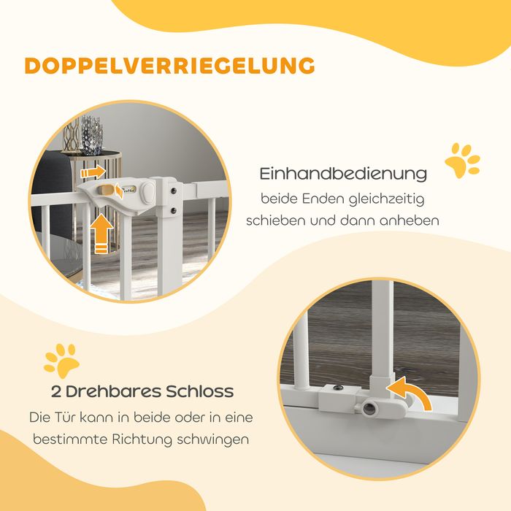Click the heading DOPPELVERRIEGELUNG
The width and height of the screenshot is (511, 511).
coord(169,66)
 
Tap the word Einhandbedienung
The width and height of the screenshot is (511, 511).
coord(343,174)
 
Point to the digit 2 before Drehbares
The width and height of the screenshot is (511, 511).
coord(56,391)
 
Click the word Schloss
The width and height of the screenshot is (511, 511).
coord(199,391)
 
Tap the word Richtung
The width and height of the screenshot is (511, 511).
coord(142,439)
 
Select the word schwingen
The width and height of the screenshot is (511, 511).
coord(213,439)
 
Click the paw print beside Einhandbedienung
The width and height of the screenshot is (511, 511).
coord(462,161)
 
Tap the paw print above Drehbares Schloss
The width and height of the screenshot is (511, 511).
coord(62,361)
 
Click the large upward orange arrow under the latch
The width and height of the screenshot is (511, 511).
coord(101,234)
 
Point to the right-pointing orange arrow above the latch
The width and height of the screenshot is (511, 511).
coord(93,172)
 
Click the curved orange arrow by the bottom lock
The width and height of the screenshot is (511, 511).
coord(411,393)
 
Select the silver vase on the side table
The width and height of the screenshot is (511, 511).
coord(91,135)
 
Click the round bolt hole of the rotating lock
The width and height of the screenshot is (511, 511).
coord(369,408)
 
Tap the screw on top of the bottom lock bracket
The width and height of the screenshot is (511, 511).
coord(338,388)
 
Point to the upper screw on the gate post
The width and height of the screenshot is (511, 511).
coord(174,191)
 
